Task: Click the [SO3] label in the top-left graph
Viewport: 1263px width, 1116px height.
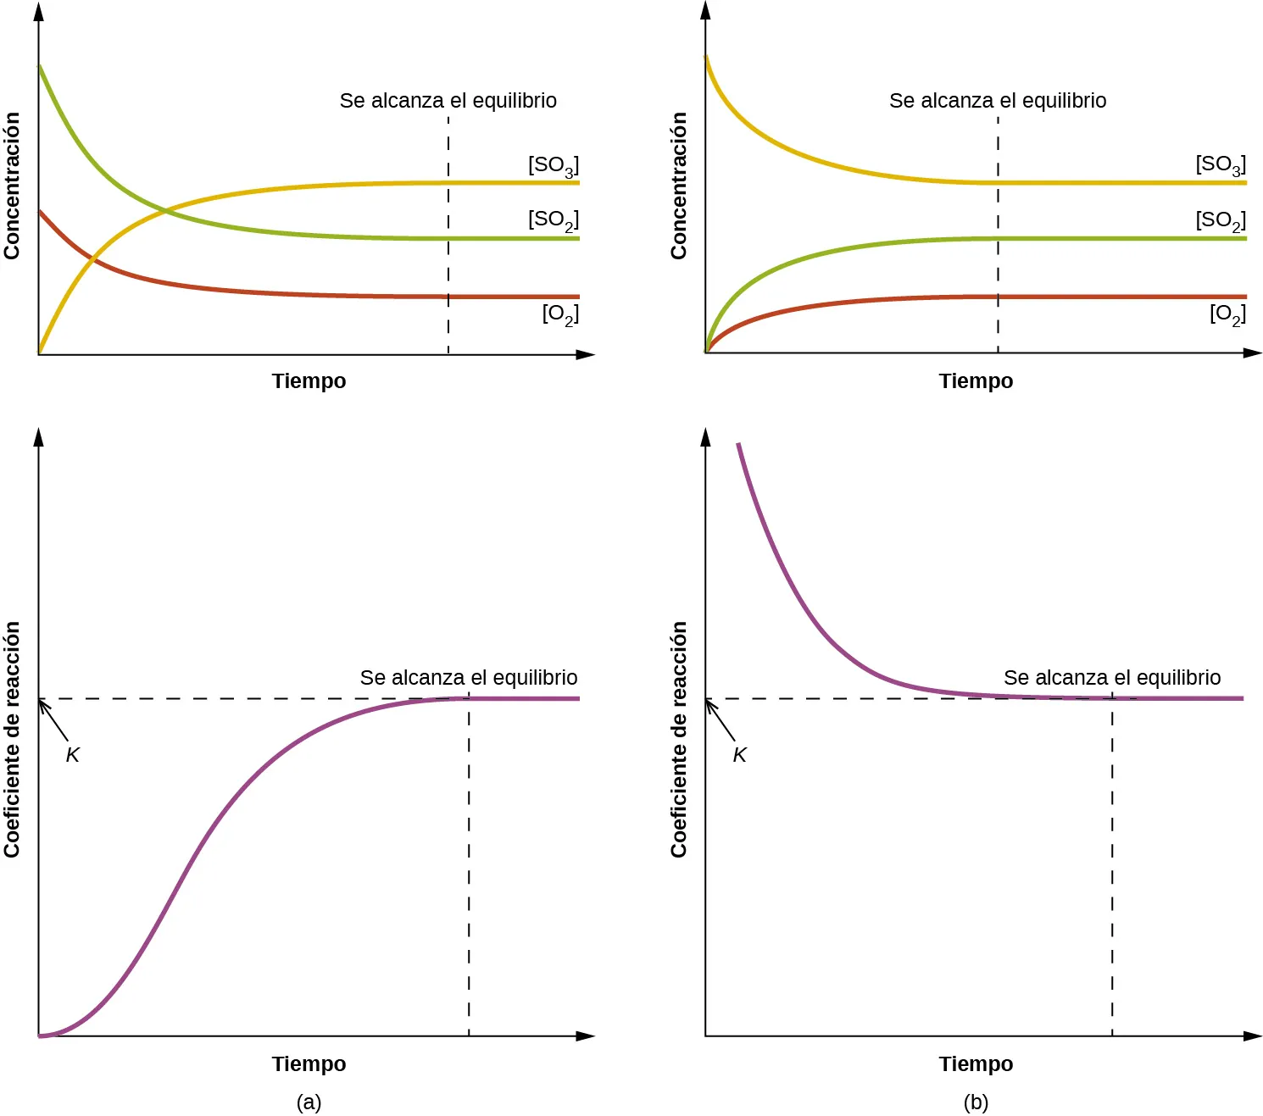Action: (x=553, y=165)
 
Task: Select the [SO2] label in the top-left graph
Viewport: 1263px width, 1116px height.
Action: (x=553, y=220)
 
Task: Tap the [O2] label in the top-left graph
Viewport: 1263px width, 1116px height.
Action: (x=559, y=314)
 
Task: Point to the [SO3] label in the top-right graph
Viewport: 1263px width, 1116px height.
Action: (x=1220, y=165)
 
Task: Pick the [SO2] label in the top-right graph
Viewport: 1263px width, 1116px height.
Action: (x=1220, y=220)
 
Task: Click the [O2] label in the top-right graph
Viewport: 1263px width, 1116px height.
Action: (x=1227, y=314)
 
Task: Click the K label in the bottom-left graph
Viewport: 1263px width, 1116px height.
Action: (x=73, y=755)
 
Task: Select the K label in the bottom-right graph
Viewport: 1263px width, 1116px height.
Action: (x=740, y=755)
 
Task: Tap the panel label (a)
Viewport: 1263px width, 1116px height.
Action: (x=309, y=1102)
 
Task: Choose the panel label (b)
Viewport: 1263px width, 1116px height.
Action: (x=976, y=1102)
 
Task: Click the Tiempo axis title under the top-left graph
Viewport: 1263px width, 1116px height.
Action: (x=309, y=381)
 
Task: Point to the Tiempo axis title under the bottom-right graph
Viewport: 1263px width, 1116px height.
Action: (x=976, y=1064)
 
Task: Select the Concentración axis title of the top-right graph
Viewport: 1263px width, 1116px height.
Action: (x=679, y=186)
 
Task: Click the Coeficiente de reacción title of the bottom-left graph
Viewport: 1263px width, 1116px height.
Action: (x=12, y=739)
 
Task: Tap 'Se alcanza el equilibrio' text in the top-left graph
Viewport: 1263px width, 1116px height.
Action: (x=448, y=101)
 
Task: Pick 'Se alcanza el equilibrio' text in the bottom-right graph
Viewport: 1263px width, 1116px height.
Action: (x=1111, y=678)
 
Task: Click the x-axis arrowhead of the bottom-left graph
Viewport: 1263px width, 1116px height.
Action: (x=586, y=1035)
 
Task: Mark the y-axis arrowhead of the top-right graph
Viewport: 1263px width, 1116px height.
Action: (x=705, y=10)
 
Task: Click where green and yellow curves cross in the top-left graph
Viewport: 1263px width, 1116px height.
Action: (x=164, y=208)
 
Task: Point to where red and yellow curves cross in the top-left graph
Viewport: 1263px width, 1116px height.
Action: (x=93, y=260)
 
